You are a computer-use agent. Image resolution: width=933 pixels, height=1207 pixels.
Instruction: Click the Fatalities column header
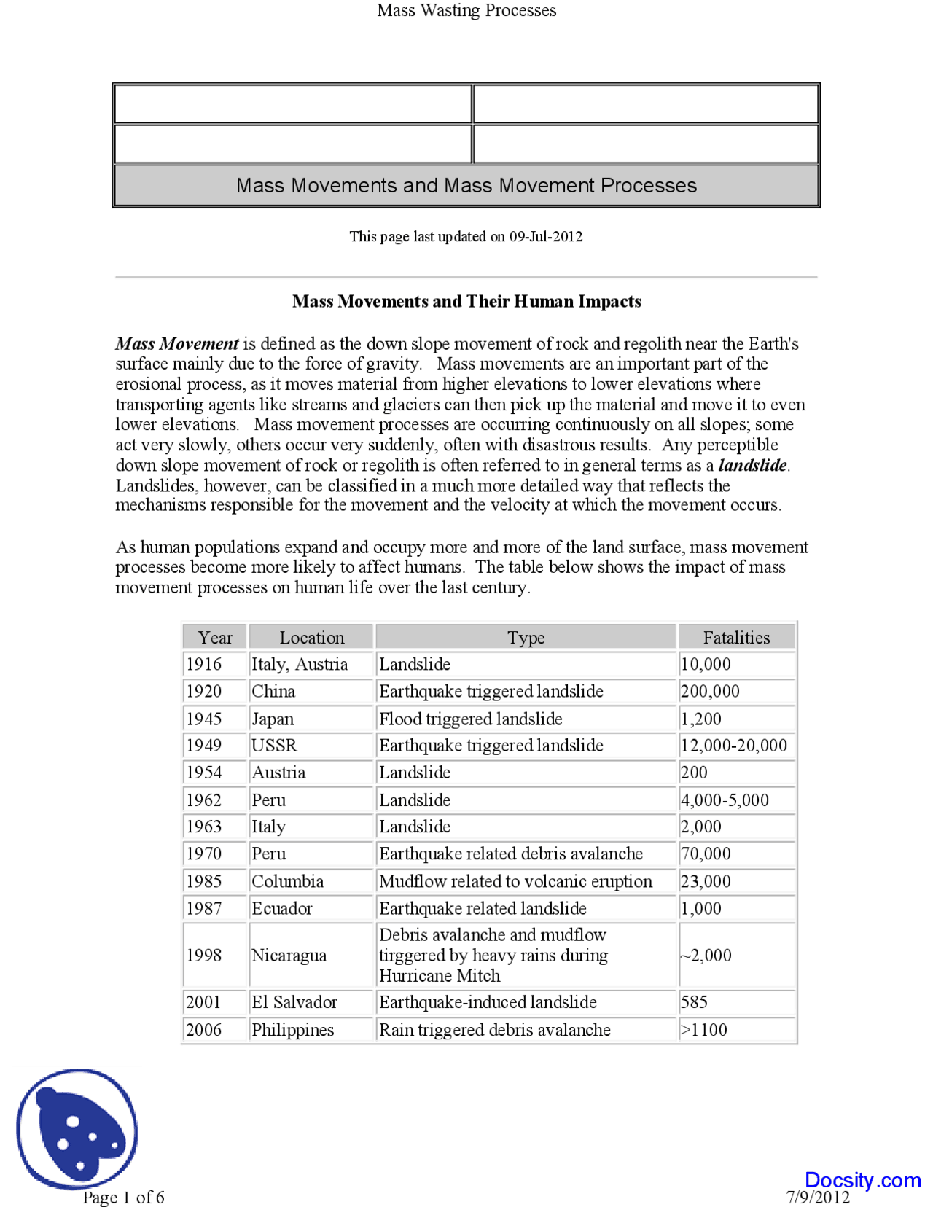click(x=736, y=638)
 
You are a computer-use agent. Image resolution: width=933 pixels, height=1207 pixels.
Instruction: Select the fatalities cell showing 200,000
click(x=710, y=691)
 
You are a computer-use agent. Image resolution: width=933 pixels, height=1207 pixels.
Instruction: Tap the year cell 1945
click(x=204, y=719)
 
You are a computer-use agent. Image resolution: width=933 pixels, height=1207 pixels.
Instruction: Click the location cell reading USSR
click(x=275, y=746)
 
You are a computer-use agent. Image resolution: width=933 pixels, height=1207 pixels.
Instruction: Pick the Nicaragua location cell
click(x=289, y=955)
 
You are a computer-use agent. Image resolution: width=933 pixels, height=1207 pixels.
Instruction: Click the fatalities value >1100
click(x=704, y=1030)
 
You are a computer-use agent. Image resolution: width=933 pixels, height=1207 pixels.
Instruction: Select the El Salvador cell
click(x=294, y=1002)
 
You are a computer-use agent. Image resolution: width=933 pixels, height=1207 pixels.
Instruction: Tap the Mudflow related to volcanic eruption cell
click(x=515, y=881)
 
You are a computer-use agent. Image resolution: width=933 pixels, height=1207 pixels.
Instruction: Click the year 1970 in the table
click(x=204, y=854)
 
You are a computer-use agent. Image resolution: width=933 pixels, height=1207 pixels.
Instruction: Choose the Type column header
click(x=526, y=638)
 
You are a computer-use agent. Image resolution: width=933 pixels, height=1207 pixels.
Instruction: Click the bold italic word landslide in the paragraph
click(x=752, y=465)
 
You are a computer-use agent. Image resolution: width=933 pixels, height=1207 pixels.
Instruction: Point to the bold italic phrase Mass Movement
click(x=177, y=344)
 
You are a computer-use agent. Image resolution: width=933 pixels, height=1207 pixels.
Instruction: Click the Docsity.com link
click(x=862, y=1179)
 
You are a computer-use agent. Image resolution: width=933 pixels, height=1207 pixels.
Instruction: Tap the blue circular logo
click(x=77, y=1128)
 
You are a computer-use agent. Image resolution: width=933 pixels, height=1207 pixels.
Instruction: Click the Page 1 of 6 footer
click(x=123, y=1197)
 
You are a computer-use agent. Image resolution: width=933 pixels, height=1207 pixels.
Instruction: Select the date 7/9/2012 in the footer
click(x=818, y=1198)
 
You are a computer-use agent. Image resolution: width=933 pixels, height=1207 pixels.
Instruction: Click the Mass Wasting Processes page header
click(x=466, y=10)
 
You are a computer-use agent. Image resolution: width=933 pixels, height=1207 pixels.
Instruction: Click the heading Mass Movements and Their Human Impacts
click(x=466, y=302)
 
